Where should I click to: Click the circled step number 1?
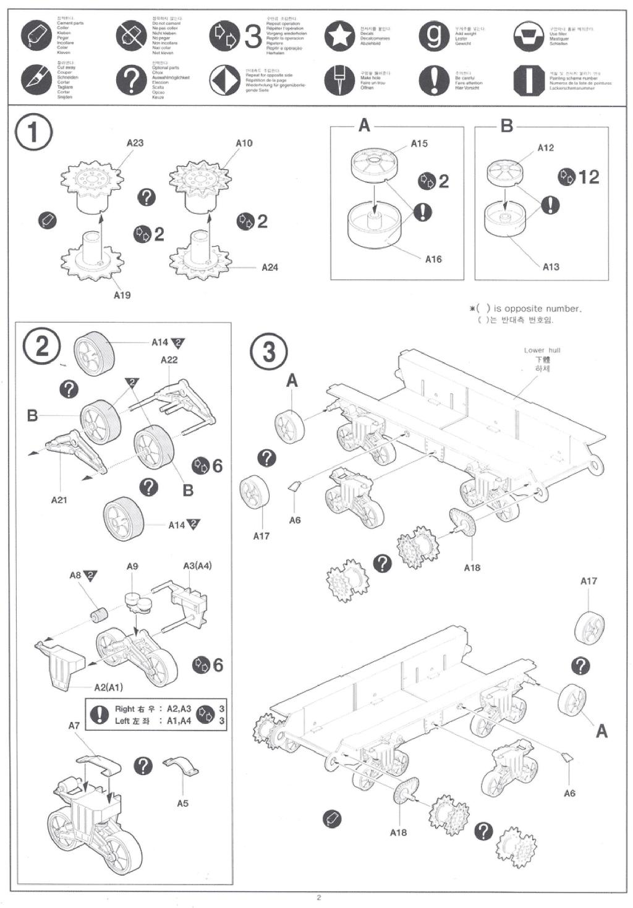(33, 134)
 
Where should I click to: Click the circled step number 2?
(41, 346)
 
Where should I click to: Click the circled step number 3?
(268, 352)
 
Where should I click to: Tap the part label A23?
(135, 143)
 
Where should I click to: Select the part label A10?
(244, 143)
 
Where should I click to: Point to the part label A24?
(270, 267)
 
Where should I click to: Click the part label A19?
(122, 295)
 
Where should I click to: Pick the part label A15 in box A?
(419, 143)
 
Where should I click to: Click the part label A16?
(433, 259)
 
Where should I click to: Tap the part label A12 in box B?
(546, 148)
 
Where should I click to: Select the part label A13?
(551, 266)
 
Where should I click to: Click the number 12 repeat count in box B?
(588, 177)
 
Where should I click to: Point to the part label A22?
(169, 360)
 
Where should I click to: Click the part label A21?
(59, 499)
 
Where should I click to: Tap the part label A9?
(132, 566)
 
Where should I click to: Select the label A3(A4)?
(197, 566)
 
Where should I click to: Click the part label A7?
(74, 726)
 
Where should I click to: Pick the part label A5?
(182, 803)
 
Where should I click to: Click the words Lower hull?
(542, 350)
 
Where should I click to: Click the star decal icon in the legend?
(339, 36)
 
